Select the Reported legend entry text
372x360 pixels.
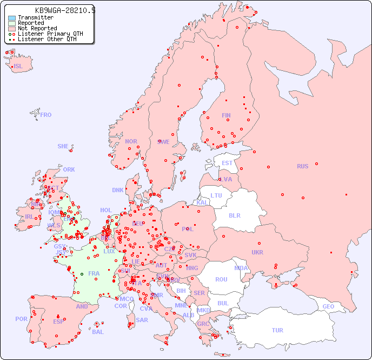[31, 23]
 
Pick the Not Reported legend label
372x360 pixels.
[37, 28]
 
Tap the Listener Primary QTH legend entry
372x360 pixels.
[50, 34]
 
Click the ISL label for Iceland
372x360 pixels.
[18, 67]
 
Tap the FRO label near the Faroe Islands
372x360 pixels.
[46, 115]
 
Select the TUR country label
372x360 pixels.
[277, 330]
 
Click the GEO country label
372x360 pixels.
[328, 306]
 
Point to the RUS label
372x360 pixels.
[302, 166]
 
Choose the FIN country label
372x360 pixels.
[226, 115]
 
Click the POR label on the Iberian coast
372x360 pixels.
[21, 319]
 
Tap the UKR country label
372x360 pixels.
[257, 252]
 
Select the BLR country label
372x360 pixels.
[234, 215]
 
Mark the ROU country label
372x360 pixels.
[221, 279]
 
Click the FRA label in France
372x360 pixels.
[94, 273]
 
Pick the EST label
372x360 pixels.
[227, 163]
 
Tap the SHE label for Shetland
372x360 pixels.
[63, 146]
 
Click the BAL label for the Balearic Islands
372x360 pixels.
[97, 332]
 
